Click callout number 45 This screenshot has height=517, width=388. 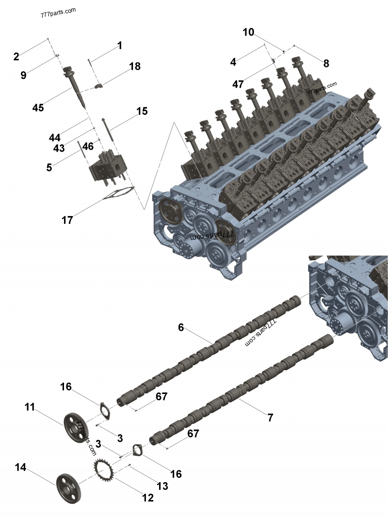coord(38,108)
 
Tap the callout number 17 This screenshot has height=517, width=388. coord(67,220)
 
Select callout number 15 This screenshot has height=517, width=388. coord(142,111)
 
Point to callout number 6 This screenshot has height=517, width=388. coord(181,328)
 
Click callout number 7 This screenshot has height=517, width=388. coord(270,417)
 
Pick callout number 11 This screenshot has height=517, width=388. coord(30,407)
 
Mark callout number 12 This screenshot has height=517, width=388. coord(147,498)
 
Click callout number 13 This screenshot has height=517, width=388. coord(162,486)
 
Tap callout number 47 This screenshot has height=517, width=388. coord(238,84)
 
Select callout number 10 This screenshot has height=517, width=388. coord(248,32)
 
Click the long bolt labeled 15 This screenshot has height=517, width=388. coord(106,128)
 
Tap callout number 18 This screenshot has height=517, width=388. coord(135,67)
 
